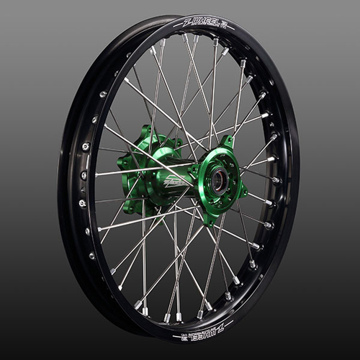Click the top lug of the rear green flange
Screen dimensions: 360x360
(150, 131)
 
